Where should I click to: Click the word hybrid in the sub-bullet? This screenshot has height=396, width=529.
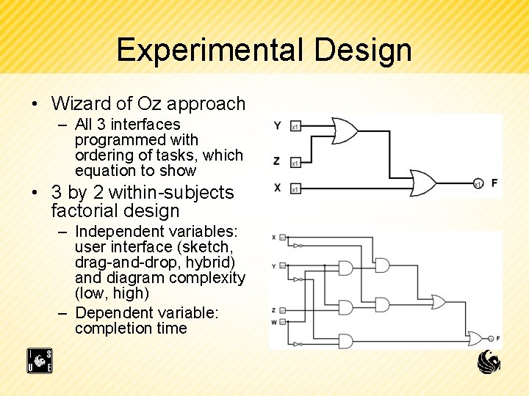tap(215, 263)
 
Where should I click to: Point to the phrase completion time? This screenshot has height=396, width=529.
tap(131, 329)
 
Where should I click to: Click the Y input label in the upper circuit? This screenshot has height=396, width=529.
tap(277, 125)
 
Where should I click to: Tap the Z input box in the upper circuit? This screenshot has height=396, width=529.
tap(295, 163)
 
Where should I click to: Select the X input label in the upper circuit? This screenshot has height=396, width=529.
tap(277, 188)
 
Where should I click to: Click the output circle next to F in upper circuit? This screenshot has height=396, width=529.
tap(477, 183)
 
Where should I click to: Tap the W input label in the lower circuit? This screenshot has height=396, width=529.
tap(273, 321)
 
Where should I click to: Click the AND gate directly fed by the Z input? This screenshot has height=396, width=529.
tap(382, 304)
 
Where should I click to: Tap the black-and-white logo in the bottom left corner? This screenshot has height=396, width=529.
tap(40, 361)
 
